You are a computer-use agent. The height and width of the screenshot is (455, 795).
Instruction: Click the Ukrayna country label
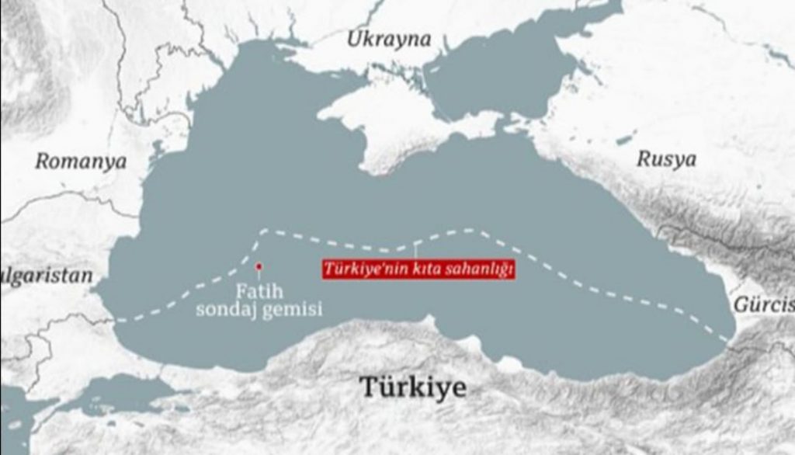pyautogui.click(x=388, y=40)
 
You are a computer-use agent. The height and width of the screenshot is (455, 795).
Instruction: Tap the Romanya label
pyautogui.click(x=81, y=162)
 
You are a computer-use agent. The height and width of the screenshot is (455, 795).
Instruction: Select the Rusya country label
pyautogui.click(x=666, y=159)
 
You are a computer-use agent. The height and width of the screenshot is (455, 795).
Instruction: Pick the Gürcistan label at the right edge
pyautogui.click(x=765, y=304)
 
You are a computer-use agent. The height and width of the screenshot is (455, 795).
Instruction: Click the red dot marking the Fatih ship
pyautogui.click(x=259, y=266)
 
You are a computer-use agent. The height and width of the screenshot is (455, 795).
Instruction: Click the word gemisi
pyautogui.click(x=295, y=311)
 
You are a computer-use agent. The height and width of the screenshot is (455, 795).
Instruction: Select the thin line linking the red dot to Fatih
pyautogui.click(x=259, y=276)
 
